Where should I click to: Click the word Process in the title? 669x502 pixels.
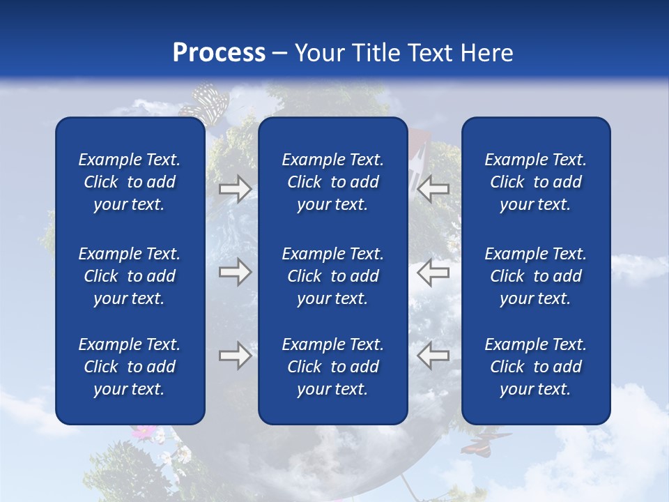coord(219,53)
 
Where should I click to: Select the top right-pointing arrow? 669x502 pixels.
coord(235,189)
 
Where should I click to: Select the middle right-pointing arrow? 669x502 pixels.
coord(235,272)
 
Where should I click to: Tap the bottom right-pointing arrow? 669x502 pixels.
coord(235,356)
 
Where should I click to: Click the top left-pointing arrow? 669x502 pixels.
coord(433,189)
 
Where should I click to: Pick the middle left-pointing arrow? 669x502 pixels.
coord(433,272)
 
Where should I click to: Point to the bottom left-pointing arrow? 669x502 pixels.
coord(433,356)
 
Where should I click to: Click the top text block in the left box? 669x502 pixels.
coord(130,182)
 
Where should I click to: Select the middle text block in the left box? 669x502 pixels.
coord(130,276)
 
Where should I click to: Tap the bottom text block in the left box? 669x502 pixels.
coord(130,367)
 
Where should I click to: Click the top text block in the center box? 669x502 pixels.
coord(332,182)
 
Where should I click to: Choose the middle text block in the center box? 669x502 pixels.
coord(332,276)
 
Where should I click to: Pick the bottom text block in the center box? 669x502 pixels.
coord(332,367)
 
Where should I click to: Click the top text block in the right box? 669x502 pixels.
coord(535,182)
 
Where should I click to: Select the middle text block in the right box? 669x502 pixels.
coord(535,276)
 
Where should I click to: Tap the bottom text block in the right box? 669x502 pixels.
coord(535,367)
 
